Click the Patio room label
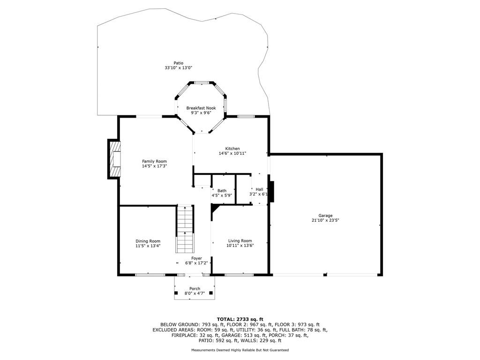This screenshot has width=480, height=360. pyautogui.click(x=179, y=63)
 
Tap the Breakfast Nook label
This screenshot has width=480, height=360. pyautogui.click(x=201, y=108)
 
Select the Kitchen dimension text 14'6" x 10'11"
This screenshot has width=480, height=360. pyautogui.click(x=232, y=153)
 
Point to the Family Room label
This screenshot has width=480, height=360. pyautogui.click(x=154, y=161)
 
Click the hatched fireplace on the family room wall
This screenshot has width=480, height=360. pyautogui.click(x=114, y=159)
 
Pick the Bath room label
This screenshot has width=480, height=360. pyautogui.click(x=222, y=191)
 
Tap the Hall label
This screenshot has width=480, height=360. pyautogui.click(x=259, y=189)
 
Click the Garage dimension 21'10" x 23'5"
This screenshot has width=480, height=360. pyautogui.click(x=325, y=220)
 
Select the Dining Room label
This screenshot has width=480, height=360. pyautogui.click(x=148, y=241)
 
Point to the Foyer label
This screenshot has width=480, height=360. pyautogui.click(x=196, y=258)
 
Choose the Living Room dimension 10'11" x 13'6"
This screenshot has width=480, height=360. pyautogui.click(x=240, y=246)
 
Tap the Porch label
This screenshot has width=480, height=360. pyautogui.click(x=195, y=289)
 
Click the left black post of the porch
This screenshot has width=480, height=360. pyautogui.click(x=176, y=293)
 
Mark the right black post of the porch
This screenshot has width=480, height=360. pyautogui.click(x=211, y=293)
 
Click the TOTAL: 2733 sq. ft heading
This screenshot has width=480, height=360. pyautogui.click(x=240, y=319)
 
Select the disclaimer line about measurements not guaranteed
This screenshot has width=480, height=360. pyautogui.click(x=240, y=350)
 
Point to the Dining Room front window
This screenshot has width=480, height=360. pyautogui.click(x=150, y=275)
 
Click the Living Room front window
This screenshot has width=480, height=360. pyautogui.click(x=240, y=275)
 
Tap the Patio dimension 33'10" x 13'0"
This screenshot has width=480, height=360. pyautogui.click(x=179, y=68)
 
